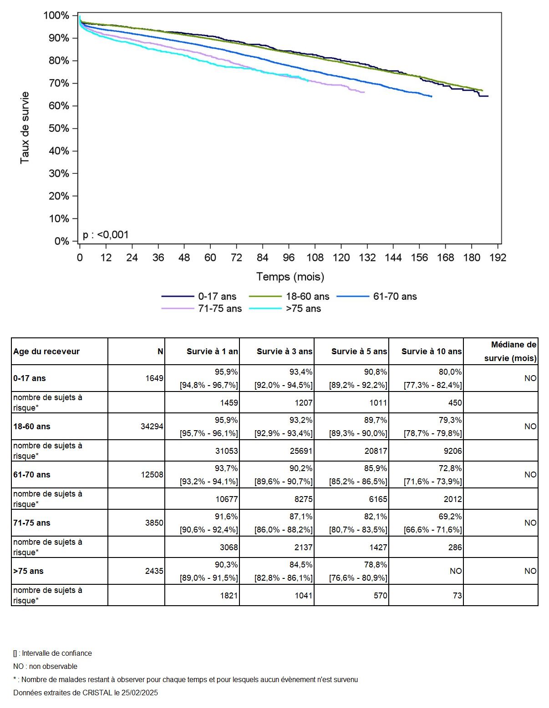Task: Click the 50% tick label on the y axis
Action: coord(59,128)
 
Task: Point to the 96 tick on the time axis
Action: coord(289,257)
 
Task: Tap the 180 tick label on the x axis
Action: coord(472,257)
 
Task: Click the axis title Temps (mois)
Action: coord(290,276)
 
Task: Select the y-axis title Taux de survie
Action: coord(25,128)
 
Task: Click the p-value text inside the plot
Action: coord(106,235)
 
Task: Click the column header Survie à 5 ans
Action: coord(359,351)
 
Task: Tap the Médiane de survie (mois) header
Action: coord(510,351)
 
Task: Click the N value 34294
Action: coord(152,427)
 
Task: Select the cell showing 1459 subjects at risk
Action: coord(227,403)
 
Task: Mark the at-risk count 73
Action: coord(457,596)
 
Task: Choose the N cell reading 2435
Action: coord(154,571)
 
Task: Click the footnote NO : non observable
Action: coord(45,667)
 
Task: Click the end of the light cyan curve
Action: coord(308,80)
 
